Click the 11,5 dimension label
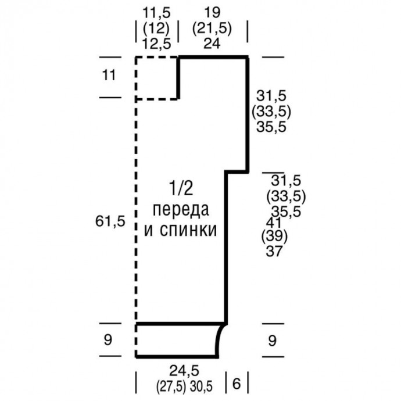156,13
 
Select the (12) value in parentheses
156,28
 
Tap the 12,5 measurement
156,44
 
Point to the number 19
212,13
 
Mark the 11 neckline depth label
109,75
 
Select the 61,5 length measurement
110,221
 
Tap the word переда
181,210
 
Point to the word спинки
188,230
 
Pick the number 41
274,223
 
